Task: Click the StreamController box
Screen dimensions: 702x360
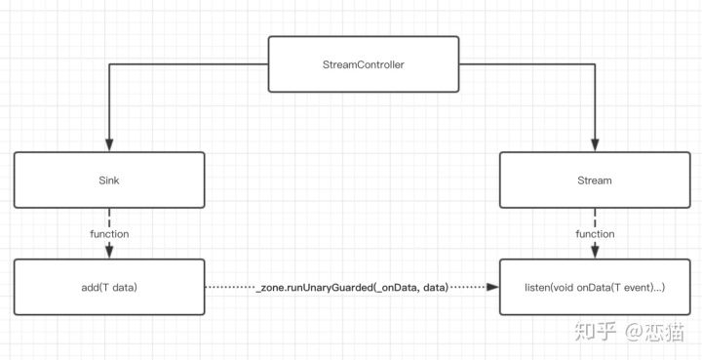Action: pos(364,64)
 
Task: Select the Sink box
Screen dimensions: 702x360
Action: pos(109,180)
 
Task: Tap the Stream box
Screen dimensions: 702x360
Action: pos(595,180)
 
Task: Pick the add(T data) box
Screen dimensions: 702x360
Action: pos(109,287)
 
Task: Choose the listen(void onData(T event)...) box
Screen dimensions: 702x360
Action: pos(595,287)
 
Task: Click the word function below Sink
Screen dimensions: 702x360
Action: pos(109,234)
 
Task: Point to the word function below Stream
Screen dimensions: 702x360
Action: pos(595,234)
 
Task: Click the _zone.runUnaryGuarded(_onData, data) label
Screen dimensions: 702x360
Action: pos(352,288)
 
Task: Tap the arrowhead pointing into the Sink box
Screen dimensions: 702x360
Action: pos(109,145)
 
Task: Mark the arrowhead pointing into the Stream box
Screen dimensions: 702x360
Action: pos(595,145)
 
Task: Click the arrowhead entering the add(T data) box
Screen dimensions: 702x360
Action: pos(109,252)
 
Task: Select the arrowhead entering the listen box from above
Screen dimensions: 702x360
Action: pos(595,252)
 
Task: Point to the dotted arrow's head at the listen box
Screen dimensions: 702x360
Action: pos(493,287)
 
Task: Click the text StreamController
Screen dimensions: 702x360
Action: pos(364,64)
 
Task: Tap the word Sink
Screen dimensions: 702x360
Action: pos(109,180)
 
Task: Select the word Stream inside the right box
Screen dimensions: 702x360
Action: pos(595,180)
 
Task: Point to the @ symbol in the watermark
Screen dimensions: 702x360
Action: pos(634,333)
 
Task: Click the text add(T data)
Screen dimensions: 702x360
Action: pos(109,288)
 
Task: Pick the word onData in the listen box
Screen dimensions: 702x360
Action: pos(591,288)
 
